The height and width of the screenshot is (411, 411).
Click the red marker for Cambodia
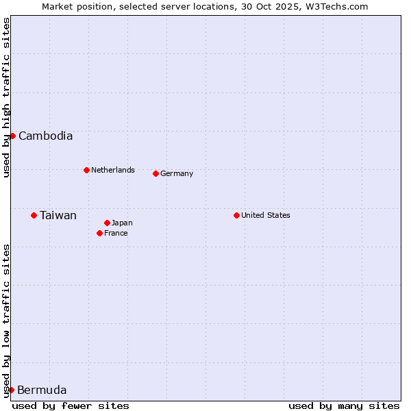coord(12,136)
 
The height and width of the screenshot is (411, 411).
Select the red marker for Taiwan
coord(34,215)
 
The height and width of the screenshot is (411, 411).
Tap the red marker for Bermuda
coord(11,390)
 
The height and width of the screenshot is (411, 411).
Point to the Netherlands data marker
coord(86,170)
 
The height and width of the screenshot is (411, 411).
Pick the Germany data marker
coord(155,173)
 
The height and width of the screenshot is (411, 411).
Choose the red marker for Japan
coord(107,223)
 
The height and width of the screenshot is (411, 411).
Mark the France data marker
coord(99,233)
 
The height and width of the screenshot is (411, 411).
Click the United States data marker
coord(236,215)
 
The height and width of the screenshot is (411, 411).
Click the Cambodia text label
coord(45,136)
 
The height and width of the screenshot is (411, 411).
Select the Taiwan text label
coord(58,215)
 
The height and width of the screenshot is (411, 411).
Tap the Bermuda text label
coord(42,390)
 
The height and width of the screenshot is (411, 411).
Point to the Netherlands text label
coord(113,170)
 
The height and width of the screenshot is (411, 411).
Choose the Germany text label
coord(177,173)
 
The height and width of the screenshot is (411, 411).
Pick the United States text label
coord(266,215)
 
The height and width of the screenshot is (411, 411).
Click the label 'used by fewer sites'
coord(71,406)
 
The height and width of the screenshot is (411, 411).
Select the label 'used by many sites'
coord(344,406)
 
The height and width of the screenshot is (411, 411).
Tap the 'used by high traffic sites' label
coord(6,97)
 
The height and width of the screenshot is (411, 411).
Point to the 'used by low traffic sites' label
coord(6,321)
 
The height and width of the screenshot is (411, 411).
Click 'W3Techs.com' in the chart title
coord(337,6)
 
